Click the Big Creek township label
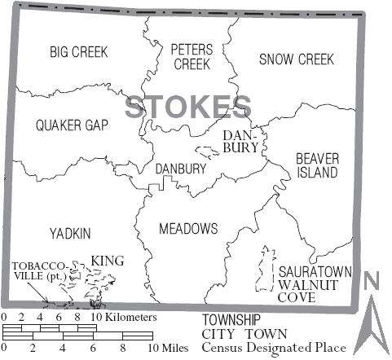[x=78, y=52]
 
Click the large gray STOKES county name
[x=187, y=107]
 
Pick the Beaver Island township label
[x=316, y=165]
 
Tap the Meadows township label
[x=188, y=227]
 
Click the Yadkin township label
[x=68, y=233]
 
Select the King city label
[x=107, y=261]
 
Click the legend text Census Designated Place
[x=274, y=348]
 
